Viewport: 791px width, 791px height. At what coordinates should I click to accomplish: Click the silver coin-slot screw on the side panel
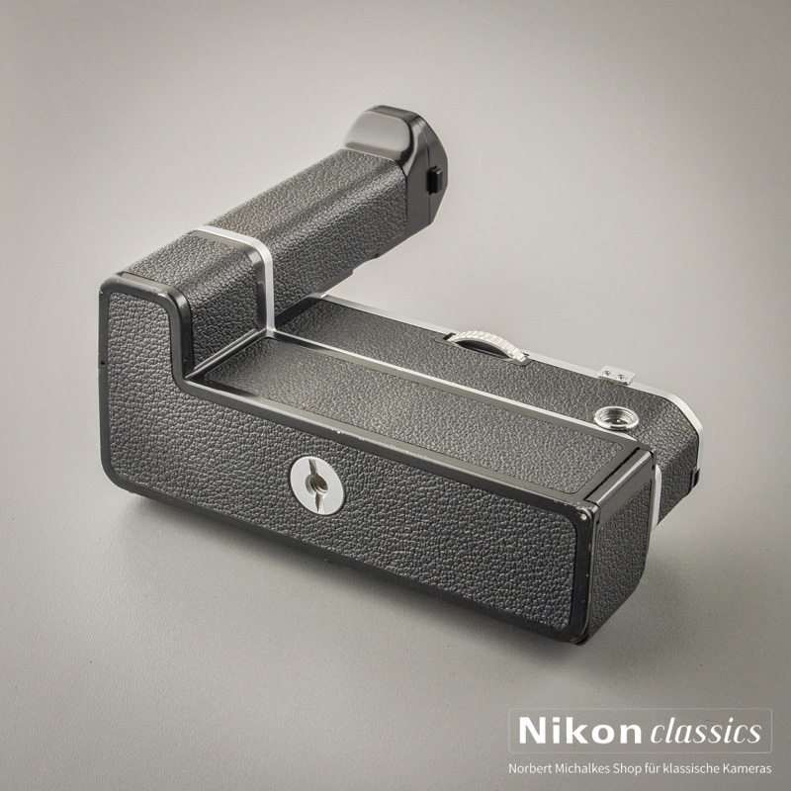pos(316,484)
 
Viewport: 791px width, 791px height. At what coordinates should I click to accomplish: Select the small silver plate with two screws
pos(616,375)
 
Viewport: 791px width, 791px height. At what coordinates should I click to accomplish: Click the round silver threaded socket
pos(616,418)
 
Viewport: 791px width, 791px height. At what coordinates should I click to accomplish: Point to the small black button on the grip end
pos(434,180)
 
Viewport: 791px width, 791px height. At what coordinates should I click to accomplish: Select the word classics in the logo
pos(706,731)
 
